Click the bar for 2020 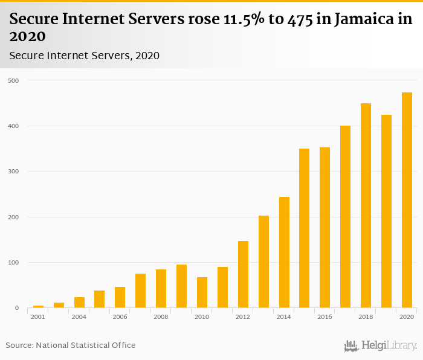(407, 201)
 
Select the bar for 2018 (366, 206)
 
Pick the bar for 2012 (243, 274)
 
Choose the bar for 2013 (263, 262)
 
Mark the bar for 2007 (140, 291)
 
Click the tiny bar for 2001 (38, 306)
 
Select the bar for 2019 (386, 211)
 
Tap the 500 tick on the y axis (13, 80)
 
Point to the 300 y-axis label (13, 172)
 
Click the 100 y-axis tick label (13, 263)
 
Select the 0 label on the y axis (17, 308)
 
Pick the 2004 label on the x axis (79, 317)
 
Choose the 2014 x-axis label (284, 317)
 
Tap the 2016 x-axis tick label (325, 317)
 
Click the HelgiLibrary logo (380, 346)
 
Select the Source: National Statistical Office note (71, 346)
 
